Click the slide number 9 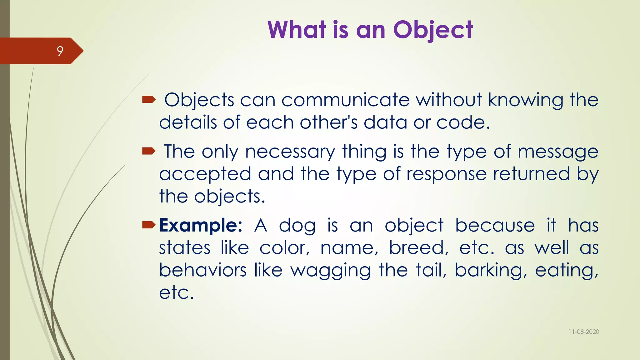point(60,51)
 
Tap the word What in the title point(297,30)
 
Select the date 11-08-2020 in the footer point(584,332)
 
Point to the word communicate point(345,100)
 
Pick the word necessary point(290,152)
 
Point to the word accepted point(205,174)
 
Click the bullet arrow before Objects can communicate point(149,100)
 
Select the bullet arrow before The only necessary point(149,152)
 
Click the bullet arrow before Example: point(149,225)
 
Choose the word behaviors point(203,270)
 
